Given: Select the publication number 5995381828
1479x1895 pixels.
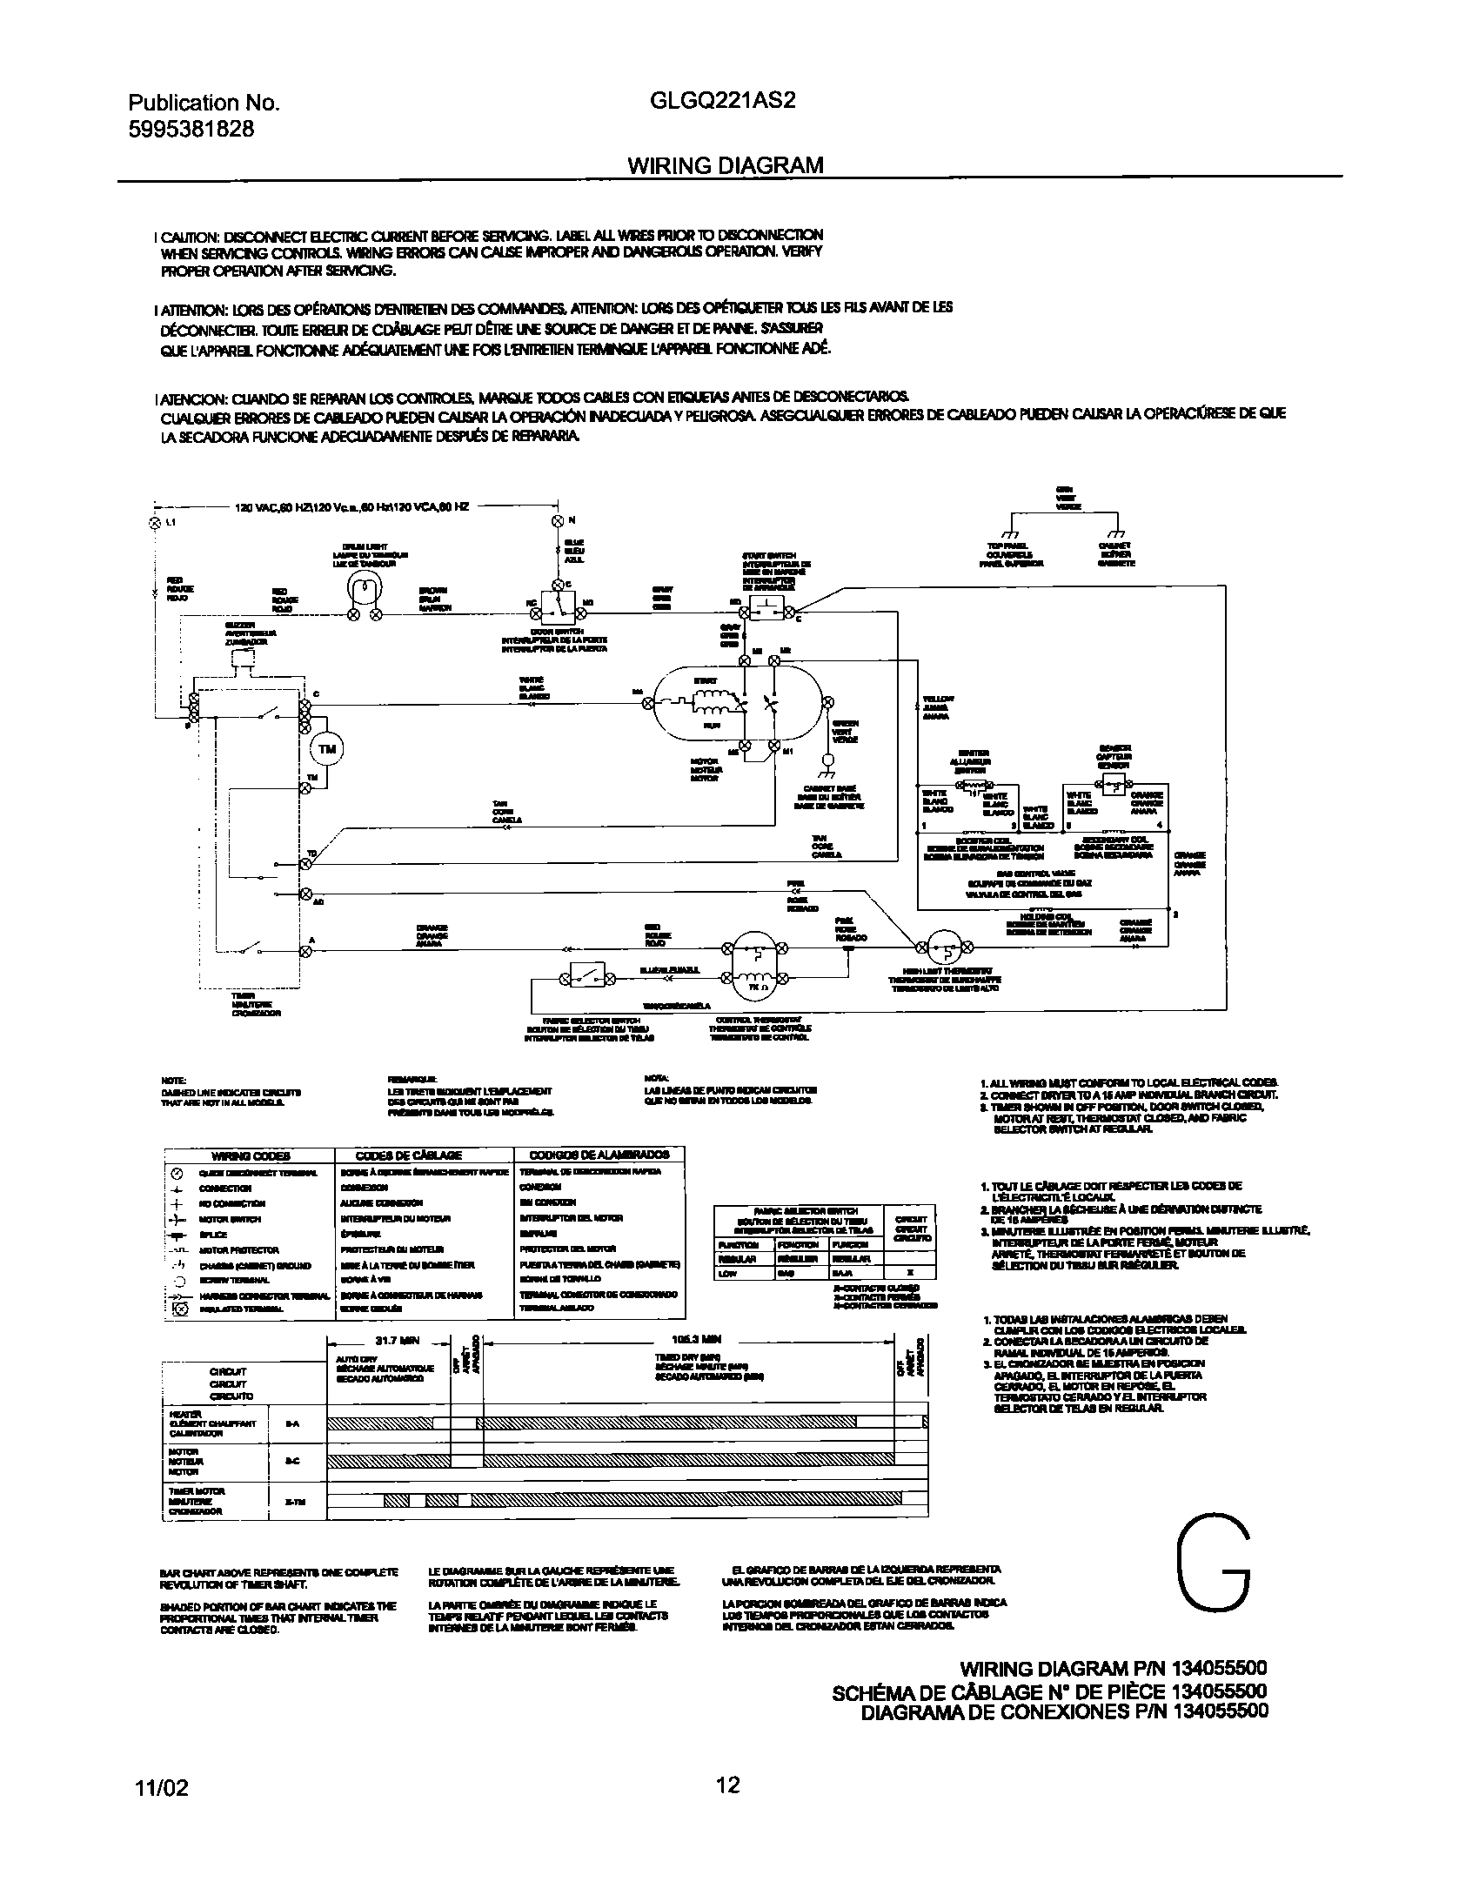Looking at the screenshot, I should (191, 129).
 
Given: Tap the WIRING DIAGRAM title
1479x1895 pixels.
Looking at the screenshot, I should (725, 165).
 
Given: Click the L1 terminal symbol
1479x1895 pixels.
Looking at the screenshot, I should (156, 523).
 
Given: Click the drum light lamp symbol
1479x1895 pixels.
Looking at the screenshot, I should (365, 591).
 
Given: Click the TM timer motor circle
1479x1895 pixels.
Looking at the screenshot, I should (326, 749).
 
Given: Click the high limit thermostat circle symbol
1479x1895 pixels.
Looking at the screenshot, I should (944, 947).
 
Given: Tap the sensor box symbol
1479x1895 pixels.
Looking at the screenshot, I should (1113, 786).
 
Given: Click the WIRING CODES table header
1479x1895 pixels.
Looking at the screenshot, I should (251, 1155).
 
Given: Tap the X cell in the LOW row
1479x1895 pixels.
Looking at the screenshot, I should (910, 1274).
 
